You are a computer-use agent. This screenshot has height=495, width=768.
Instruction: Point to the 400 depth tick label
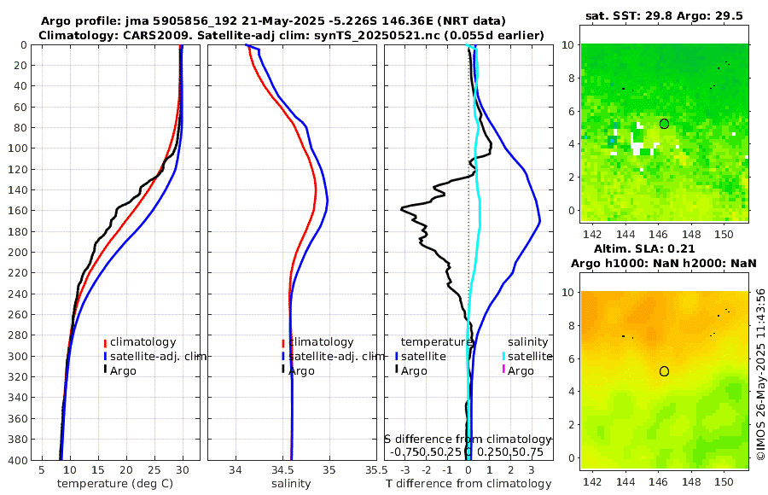[x=16, y=460]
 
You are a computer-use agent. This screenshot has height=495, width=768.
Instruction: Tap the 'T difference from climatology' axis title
[x=469, y=484]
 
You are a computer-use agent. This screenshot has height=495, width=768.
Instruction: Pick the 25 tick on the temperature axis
[x=154, y=470]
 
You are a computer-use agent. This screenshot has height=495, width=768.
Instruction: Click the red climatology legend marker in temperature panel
[x=106, y=342]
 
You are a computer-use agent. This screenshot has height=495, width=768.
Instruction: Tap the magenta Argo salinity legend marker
[x=503, y=370]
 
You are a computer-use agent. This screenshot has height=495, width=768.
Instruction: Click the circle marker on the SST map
[x=664, y=124]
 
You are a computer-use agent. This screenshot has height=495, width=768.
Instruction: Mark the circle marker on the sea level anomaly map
[x=664, y=371]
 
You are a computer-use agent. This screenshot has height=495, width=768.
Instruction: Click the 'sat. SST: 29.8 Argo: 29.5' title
[x=664, y=15]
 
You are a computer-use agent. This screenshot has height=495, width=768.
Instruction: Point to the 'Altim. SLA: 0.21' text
[x=664, y=247]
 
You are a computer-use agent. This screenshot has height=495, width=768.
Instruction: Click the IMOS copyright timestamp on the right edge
[x=760, y=376]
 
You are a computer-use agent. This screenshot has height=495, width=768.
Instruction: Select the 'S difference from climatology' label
[x=468, y=439]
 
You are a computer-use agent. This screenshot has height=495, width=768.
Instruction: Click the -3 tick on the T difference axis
[x=404, y=470]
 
